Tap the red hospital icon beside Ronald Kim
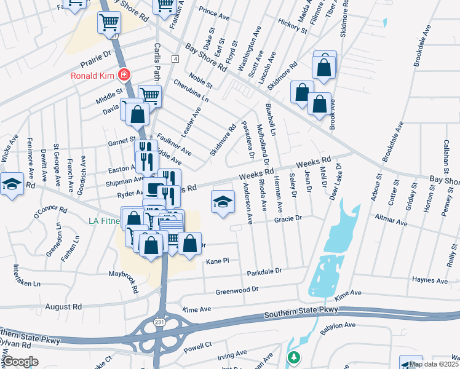point(124,75)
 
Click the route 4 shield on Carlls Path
point(175,58)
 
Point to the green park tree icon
point(295,357)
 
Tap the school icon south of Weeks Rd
point(223,202)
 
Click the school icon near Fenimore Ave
point(12,184)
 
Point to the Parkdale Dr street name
point(264,271)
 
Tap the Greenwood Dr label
point(237,290)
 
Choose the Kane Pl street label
point(217,261)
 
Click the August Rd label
point(63,306)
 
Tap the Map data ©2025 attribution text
point(433,364)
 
